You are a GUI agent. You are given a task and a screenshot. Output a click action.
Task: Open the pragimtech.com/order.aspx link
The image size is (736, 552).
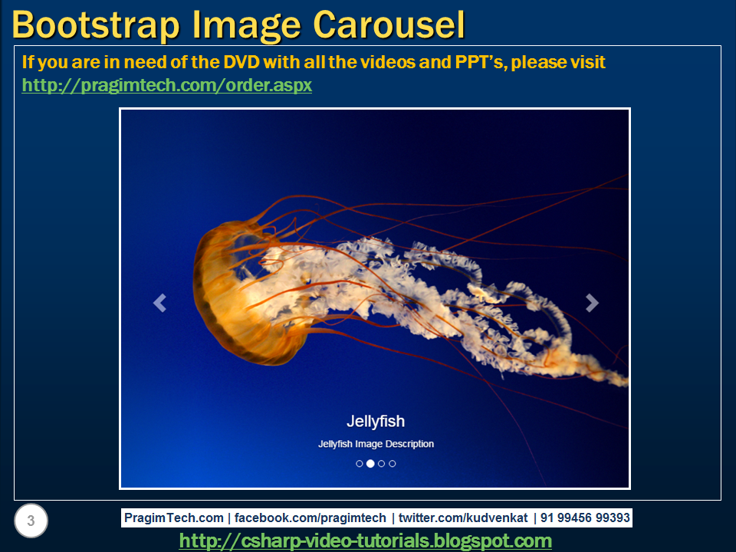166,85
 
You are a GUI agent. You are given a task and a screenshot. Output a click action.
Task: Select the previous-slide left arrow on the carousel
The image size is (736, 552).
159,304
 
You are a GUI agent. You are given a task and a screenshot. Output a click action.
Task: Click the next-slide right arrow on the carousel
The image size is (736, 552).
591,304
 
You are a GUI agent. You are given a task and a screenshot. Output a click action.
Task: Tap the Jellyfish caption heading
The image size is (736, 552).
376,421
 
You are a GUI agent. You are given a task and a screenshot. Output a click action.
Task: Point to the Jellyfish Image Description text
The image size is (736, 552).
376,444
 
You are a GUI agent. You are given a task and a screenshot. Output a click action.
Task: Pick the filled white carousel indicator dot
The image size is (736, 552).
370,463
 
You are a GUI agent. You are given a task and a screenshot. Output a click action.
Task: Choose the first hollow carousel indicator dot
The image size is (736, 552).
360,463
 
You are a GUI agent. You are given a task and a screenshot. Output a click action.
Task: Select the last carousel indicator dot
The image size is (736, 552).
393,463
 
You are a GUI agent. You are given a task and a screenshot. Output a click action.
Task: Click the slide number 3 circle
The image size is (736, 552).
31,521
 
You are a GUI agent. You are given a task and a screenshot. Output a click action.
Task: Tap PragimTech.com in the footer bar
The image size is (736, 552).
174,517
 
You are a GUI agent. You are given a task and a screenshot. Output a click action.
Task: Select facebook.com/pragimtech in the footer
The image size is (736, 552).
310,517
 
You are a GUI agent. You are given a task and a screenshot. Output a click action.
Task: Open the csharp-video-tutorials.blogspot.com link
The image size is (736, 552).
365,540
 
